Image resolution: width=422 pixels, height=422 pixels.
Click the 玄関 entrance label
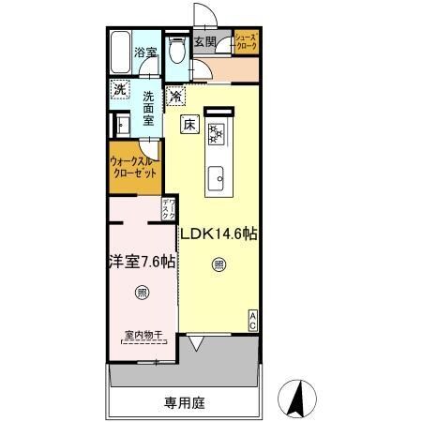click(x=205, y=43)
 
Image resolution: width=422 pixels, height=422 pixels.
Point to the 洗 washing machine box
click(x=119, y=90)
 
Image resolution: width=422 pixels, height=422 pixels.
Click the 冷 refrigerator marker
click(x=175, y=96)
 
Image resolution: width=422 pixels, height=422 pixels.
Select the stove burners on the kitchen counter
click(x=217, y=134)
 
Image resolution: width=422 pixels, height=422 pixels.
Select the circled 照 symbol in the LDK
click(x=218, y=264)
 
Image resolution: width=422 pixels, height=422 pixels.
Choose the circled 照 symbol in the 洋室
click(x=142, y=291)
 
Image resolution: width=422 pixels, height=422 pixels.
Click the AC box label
click(x=253, y=320)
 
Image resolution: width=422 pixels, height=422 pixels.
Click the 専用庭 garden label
click(x=183, y=404)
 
